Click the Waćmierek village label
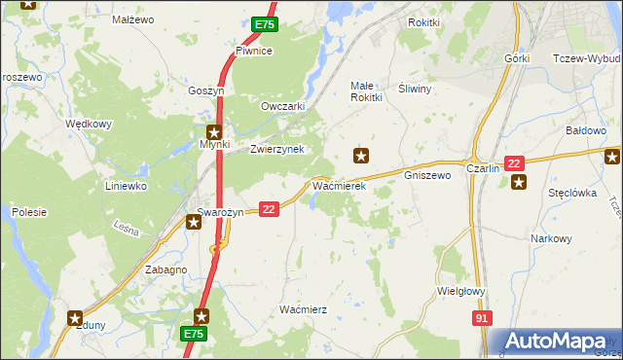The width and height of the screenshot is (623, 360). (338, 185)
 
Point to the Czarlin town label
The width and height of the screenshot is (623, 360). (483, 167)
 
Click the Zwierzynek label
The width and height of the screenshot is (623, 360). (277, 149)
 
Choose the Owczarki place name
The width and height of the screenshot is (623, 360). (283, 106)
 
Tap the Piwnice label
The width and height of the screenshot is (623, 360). (252, 51)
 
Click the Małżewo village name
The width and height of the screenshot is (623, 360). (133, 19)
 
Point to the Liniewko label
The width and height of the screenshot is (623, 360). (126, 185)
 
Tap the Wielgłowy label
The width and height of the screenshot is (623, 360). (461, 290)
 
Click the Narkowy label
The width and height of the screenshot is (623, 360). (551, 238)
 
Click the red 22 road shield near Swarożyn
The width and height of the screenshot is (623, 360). (270, 208)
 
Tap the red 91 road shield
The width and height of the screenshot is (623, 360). (482, 318)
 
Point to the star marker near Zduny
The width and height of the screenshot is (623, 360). (75, 315)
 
